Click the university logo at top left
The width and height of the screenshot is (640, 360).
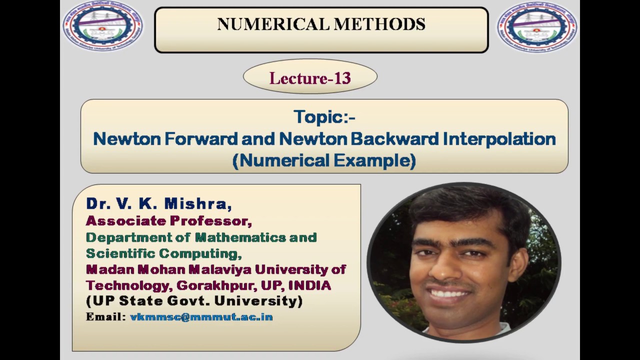tap(102, 26)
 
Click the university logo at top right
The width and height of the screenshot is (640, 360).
tap(537, 26)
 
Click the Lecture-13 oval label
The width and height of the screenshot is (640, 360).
tap(310, 78)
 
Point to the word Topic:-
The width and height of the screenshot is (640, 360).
tap(324, 117)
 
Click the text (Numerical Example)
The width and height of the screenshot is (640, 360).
tap(324, 160)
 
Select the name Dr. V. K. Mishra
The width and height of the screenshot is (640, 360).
tap(159, 203)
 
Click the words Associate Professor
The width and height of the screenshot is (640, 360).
tap(169, 220)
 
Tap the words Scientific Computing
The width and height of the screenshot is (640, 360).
tap(163, 253)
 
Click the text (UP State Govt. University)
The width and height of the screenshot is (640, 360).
tap(194, 301)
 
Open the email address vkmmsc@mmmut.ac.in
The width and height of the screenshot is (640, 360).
tap(201, 317)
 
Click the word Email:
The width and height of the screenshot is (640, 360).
tap(105, 317)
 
